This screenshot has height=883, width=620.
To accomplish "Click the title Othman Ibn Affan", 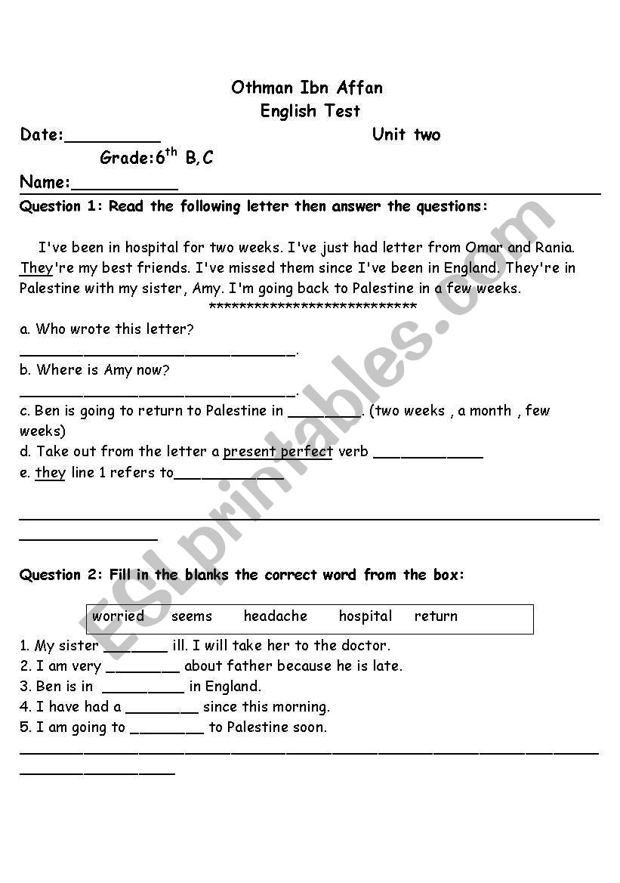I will pyautogui.click(x=307, y=88).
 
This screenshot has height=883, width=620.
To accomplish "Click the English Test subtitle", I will pyautogui.click(x=310, y=111).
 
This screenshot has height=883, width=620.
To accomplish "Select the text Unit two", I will pyautogui.click(x=406, y=134).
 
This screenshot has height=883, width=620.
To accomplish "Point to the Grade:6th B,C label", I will pyautogui.click(x=156, y=158).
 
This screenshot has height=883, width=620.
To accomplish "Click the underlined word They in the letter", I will pyautogui.click(x=36, y=267).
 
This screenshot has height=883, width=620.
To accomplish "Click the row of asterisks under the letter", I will pyautogui.click(x=312, y=307).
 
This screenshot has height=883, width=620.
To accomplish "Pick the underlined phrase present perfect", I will pyautogui.click(x=278, y=452).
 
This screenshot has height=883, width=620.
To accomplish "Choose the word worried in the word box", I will pyautogui.click(x=118, y=616).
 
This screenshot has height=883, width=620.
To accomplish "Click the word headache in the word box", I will pyautogui.click(x=275, y=616).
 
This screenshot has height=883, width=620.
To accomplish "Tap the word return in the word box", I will pyautogui.click(x=436, y=616).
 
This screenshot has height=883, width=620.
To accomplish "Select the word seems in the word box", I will pyautogui.click(x=192, y=616).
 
